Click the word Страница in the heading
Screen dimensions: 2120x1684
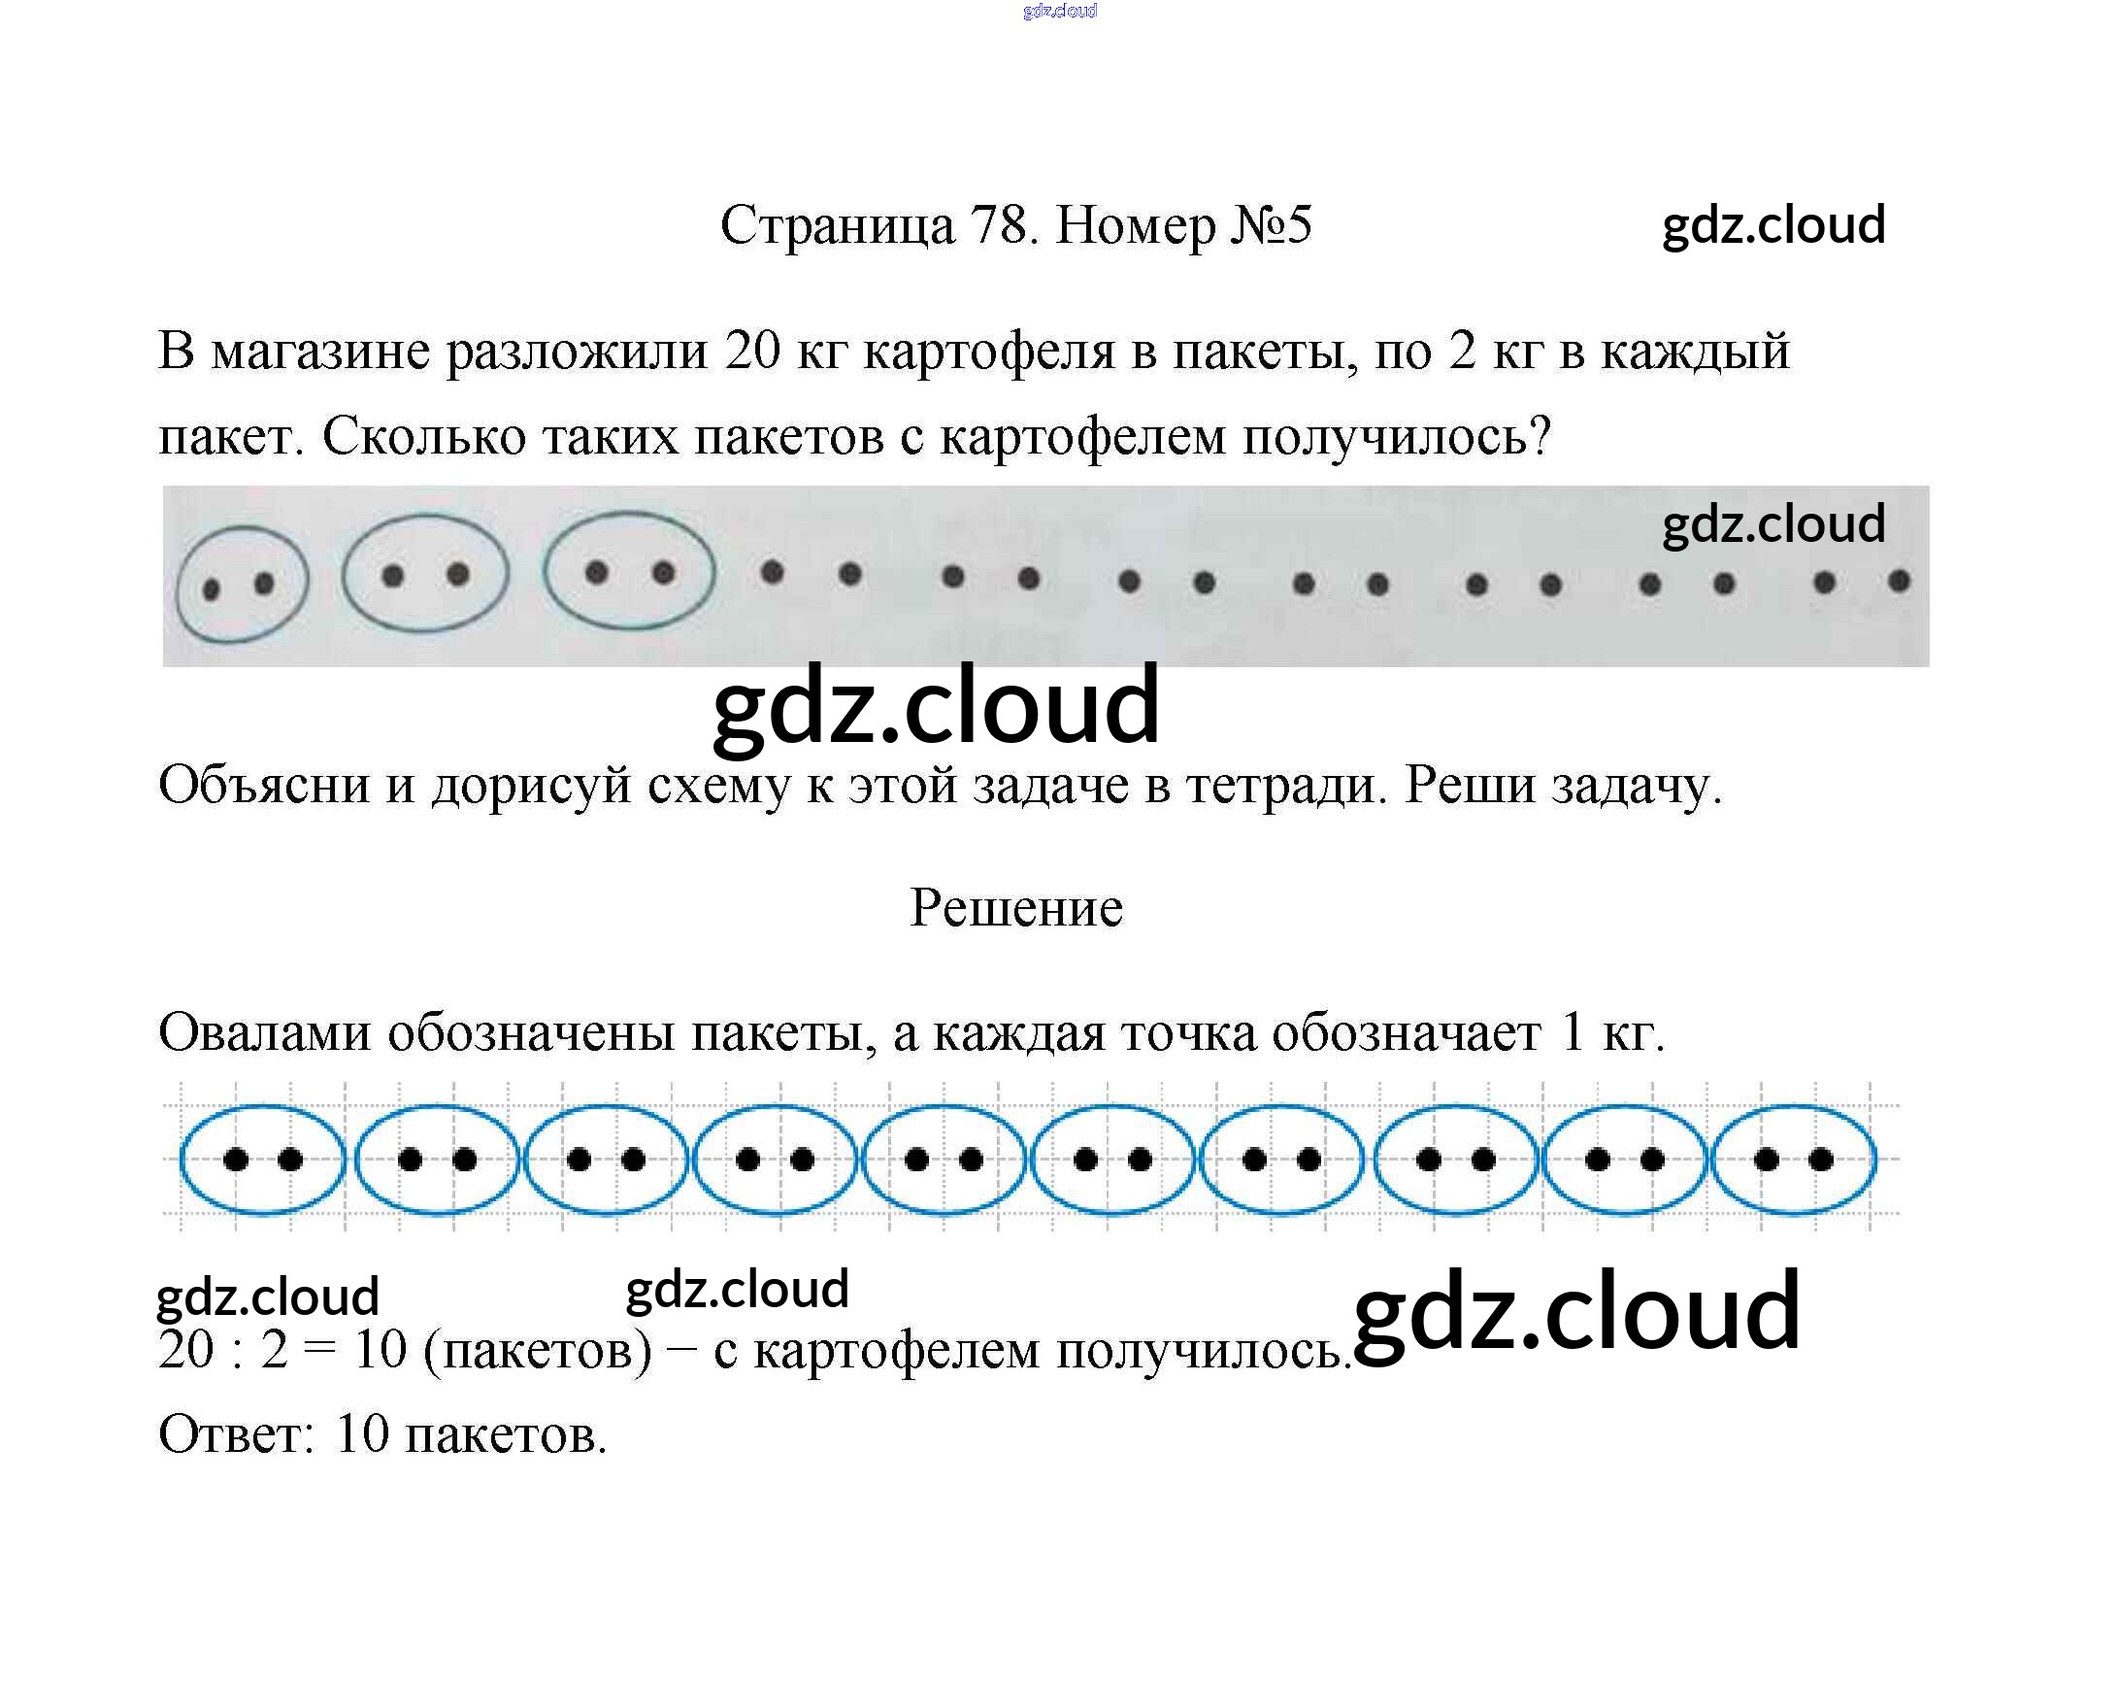pyautogui.click(x=837, y=227)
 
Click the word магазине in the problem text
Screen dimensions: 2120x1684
pyautogui.click(x=319, y=352)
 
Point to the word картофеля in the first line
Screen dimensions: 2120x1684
pyautogui.click(x=988, y=353)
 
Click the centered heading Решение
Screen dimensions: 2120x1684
pyautogui.click(x=1015, y=907)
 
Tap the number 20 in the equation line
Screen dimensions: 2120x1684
pyautogui.click(x=185, y=1350)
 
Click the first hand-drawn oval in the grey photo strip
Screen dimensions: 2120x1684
pyautogui.click(x=242, y=586)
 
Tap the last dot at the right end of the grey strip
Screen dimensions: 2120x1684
pyautogui.click(x=1899, y=582)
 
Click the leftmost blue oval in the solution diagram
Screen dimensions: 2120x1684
pyautogui.click(x=262, y=1160)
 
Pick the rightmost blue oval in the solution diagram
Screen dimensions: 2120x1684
pyautogui.click(x=1794, y=1160)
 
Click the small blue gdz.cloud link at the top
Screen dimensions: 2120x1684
pyautogui.click(x=1060, y=11)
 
